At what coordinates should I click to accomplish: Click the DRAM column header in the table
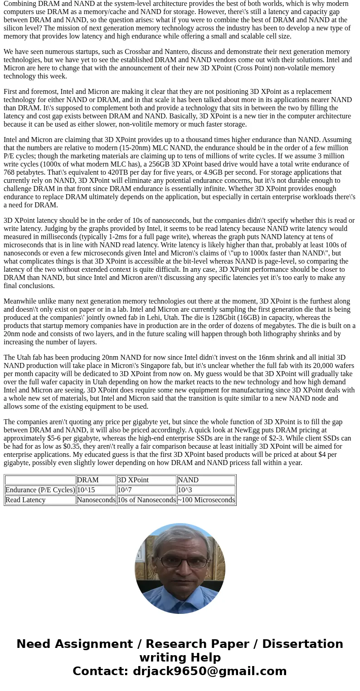[x=88, y=480]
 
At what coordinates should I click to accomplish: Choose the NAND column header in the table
[x=188, y=480]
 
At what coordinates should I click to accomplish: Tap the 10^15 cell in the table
[x=86, y=490]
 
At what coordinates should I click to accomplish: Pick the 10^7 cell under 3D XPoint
[x=125, y=490]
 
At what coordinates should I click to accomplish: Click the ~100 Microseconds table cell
[x=206, y=500]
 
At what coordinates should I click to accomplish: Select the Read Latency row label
[x=25, y=500]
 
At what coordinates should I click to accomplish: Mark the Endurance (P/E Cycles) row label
[x=40, y=490]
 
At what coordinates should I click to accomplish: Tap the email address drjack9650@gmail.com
[x=209, y=671]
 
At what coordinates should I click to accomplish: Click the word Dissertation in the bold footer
[x=302, y=644]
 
